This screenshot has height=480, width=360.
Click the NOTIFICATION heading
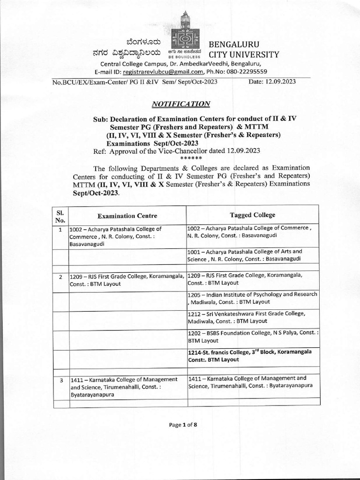click(x=181, y=104)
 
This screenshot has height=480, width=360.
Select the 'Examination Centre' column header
click(x=127, y=216)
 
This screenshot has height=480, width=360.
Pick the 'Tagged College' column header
click(x=253, y=215)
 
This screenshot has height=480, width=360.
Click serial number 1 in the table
click(x=60, y=230)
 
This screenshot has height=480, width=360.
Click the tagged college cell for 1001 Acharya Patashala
click(x=253, y=255)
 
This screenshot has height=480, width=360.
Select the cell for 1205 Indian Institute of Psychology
click(x=253, y=298)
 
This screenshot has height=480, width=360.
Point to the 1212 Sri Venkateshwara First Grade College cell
click(x=253, y=317)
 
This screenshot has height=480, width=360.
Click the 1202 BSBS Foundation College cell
click(x=253, y=337)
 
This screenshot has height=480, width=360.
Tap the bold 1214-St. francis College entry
click(x=253, y=355)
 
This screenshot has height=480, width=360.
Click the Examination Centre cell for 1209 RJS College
click(x=127, y=280)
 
